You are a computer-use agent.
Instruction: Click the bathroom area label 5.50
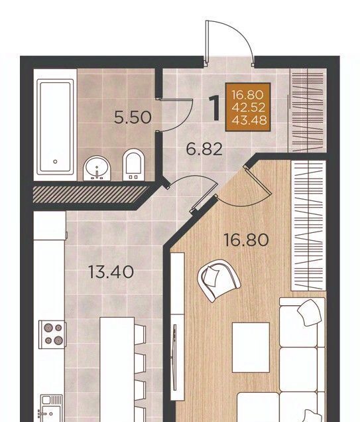(x=133, y=117)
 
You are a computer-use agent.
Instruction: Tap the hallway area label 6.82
(x=204, y=149)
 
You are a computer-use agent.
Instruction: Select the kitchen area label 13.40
(x=111, y=272)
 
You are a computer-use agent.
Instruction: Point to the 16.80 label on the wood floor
(x=246, y=240)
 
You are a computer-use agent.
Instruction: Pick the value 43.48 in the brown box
(x=249, y=120)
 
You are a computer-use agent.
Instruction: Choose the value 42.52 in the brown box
(x=249, y=107)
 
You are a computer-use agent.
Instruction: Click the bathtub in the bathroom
(x=55, y=127)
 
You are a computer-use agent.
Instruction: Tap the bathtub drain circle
(x=55, y=162)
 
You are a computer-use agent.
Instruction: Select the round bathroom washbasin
(x=97, y=169)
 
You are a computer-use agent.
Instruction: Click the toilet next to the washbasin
(x=133, y=165)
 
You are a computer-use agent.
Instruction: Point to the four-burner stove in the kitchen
(x=52, y=334)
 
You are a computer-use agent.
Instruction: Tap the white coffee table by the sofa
(x=251, y=348)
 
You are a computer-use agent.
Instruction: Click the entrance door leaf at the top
(x=206, y=43)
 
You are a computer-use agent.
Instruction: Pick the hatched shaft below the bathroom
(x=90, y=194)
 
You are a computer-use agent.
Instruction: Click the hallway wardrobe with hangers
(x=308, y=110)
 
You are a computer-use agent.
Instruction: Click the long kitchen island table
(x=117, y=370)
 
